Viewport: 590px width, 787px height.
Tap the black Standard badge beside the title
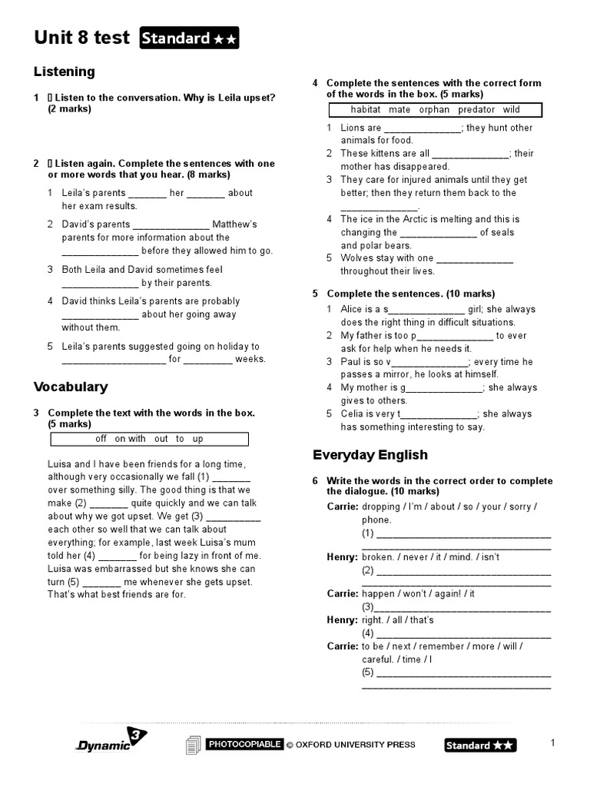189,38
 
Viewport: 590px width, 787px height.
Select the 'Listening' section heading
65,71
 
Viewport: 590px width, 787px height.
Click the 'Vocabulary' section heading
71,387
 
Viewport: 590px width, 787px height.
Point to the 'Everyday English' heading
370,454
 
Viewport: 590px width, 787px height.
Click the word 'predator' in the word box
476,109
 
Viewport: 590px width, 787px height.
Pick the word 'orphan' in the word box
434,109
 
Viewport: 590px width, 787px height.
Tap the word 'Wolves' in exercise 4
356,258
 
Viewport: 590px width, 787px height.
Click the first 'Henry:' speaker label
342,556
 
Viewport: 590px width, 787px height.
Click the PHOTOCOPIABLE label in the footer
244,744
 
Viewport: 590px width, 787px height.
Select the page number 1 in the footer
552,742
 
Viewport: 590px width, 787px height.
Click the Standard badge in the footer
480,745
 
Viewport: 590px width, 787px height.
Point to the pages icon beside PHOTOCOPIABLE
194,745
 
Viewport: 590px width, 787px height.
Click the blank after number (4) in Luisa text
117,555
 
